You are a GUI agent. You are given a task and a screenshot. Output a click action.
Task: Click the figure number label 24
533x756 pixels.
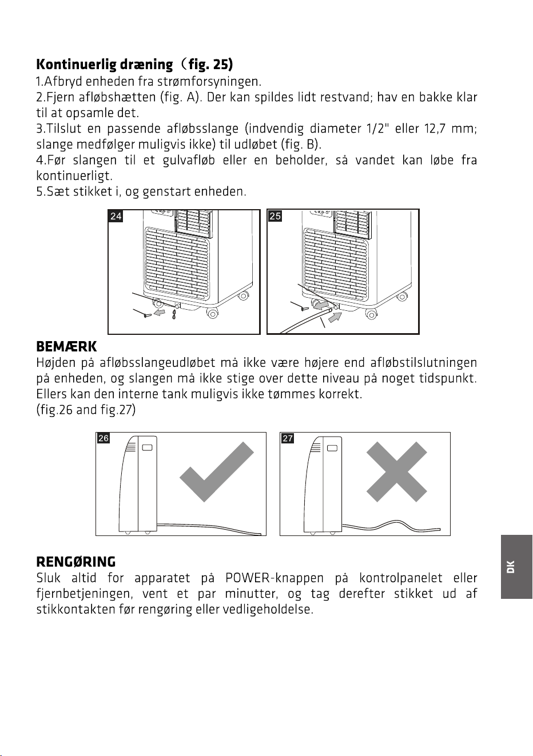click(x=116, y=216)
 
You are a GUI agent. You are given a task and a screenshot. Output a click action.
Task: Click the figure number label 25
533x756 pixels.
click(x=275, y=216)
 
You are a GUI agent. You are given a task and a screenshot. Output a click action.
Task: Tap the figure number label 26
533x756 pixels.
click(x=104, y=438)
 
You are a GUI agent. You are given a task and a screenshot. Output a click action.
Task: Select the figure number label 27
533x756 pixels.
click(x=288, y=438)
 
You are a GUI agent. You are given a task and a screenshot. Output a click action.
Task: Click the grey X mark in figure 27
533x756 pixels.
click(x=396, y=472)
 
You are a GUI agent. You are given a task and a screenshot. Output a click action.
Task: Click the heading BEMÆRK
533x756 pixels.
click(x=66, y=347)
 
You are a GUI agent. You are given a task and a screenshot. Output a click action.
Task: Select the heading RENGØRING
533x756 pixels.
click(x=75, y=562)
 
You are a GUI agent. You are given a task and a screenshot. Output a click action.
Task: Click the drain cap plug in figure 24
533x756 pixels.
click(x=148, y=315)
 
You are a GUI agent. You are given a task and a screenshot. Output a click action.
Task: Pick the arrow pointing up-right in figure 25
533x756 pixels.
click(x=335, y=318)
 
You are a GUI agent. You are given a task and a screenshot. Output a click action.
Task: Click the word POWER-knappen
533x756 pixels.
click(x=275, y=578)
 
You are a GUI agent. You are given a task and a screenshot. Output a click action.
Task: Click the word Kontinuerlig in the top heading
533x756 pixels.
click(x=76, y=65)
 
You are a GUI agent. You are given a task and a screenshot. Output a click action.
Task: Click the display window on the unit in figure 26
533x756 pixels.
click(x=148, y=447)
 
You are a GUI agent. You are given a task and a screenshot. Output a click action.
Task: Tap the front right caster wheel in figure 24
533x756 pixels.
click(x=212, y=314)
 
